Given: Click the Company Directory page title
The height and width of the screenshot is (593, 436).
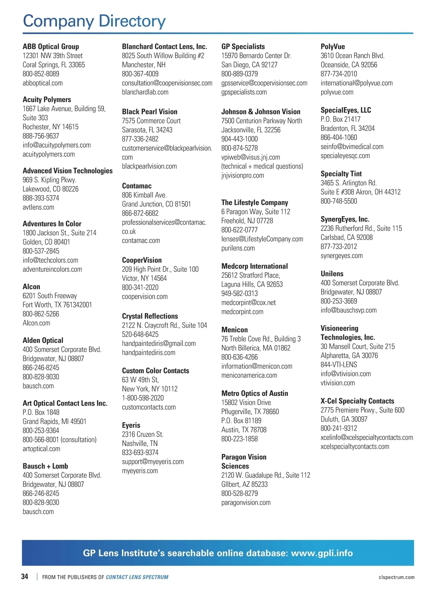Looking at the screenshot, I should [94, 21].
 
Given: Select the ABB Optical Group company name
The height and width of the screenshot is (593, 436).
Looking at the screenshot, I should [51, 47].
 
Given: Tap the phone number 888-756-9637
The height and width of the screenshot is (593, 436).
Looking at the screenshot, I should [41, 136].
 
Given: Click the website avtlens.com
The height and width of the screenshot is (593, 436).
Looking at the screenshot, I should [38, 207].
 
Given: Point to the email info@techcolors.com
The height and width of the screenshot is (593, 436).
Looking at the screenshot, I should [50, 260].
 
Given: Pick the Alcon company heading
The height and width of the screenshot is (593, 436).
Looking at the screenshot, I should [31, 287].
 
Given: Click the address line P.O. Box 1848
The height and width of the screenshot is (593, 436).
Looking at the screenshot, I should [41, 412].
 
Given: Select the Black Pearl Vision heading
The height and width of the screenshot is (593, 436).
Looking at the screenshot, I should [149, 112].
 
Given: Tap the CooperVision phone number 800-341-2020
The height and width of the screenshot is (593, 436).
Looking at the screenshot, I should [140, 288].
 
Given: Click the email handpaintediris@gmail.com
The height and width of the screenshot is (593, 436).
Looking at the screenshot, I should [158, 344].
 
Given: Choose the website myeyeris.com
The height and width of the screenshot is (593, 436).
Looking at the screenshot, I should [140, 471].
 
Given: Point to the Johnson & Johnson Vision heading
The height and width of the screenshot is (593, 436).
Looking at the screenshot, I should [261, 112].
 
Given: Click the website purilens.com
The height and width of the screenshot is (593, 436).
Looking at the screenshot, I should [238, 248].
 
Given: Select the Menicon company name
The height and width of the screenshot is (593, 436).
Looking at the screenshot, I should [234, 330].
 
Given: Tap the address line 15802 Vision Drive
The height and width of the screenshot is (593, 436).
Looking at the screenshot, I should [246, 402].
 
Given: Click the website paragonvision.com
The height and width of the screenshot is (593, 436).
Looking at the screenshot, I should [246, 503].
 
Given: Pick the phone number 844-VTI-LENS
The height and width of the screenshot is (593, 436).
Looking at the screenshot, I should [339, 365].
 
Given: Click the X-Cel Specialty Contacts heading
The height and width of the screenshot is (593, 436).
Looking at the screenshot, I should [357, 401].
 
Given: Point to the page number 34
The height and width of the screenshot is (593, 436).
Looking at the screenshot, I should [25, 577].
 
